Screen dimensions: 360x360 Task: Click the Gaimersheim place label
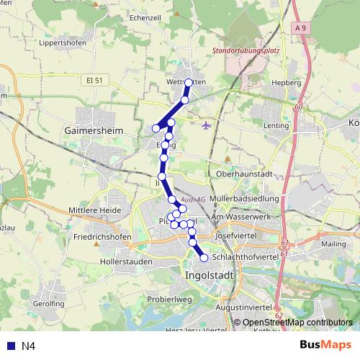pos(94,131)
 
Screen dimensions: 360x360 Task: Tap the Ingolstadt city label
pos(211,274)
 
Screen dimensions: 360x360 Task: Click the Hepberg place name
pos(287,83)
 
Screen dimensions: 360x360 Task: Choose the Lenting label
pos(276,125)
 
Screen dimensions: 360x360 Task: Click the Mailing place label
pos(333,244)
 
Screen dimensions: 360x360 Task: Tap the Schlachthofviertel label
pos(246,256)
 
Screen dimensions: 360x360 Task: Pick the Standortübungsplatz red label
pos(246,51)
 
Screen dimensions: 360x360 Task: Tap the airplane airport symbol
pos(207,125)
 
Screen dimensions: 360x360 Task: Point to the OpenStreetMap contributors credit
pos(297,323)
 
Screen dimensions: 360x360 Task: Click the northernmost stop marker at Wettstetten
pos(189,83)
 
